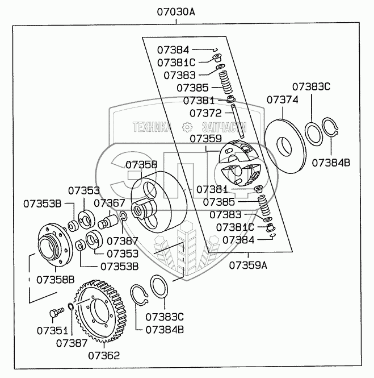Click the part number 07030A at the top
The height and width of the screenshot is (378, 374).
point(175,11)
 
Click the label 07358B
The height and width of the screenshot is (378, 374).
point(56,279)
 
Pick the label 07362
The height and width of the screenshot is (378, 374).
point(104,356)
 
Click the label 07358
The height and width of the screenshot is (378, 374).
point(141,165)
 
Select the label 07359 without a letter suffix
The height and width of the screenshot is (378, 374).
point(205,138)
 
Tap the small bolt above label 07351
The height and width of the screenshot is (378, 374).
point(55,313)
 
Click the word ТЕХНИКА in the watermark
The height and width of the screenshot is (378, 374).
point(152,127)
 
